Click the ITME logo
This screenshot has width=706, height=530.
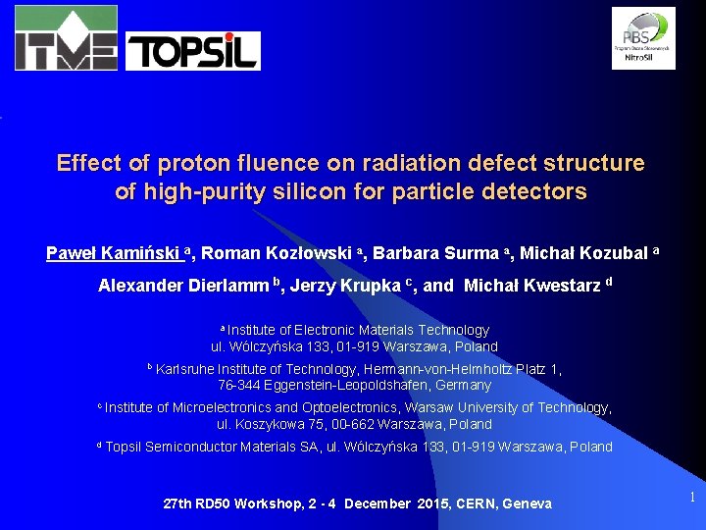[x=66, y=37]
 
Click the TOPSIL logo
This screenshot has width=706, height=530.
[x=193, y=51]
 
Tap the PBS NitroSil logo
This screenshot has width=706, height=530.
[x=643, y=37]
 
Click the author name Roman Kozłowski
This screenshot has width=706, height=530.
[x=277, y=253]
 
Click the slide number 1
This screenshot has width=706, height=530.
[x=691, y=498]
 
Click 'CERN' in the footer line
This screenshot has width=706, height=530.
[x=474, y=503]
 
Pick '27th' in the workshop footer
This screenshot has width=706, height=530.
[x=177, y=503]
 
